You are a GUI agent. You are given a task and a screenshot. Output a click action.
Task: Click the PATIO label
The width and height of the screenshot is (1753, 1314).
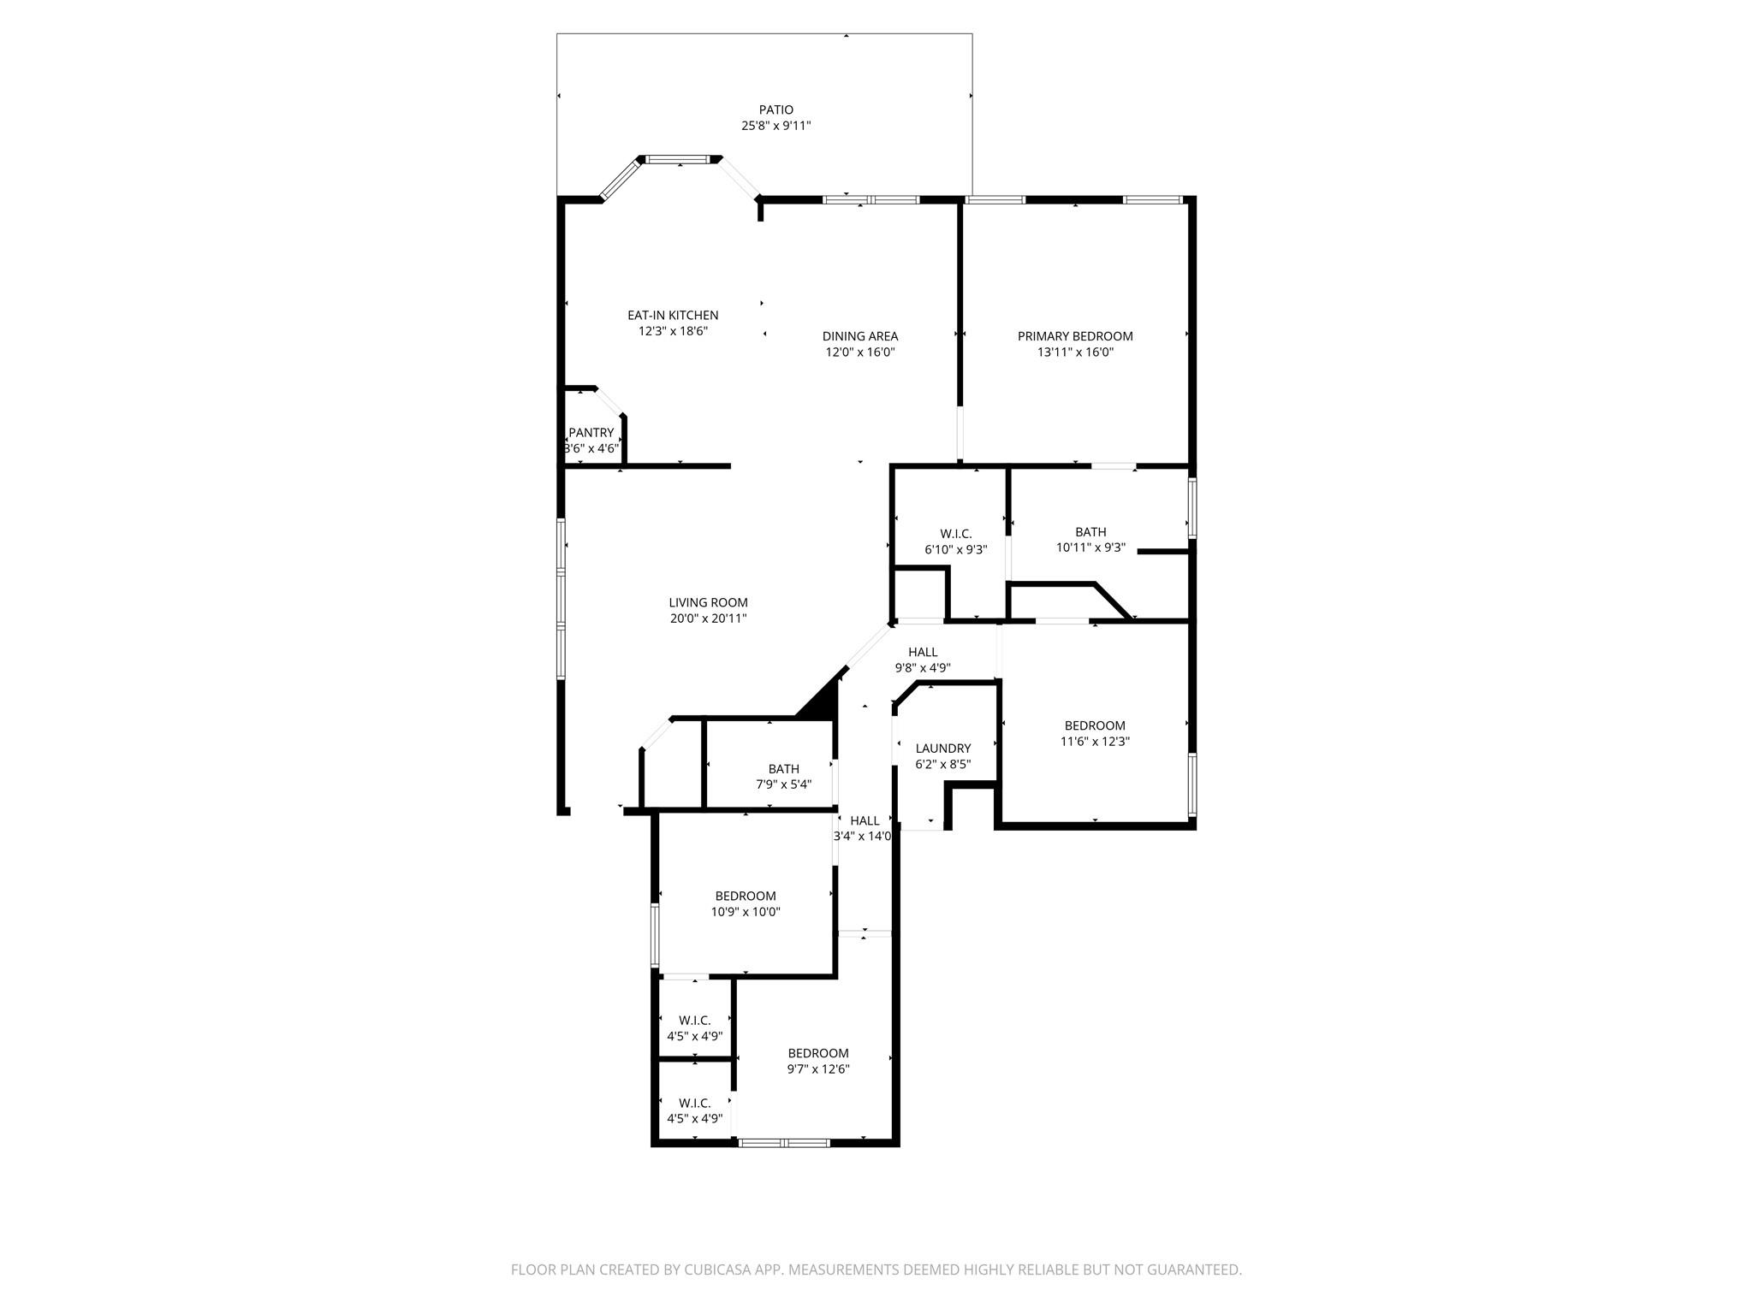pyautogui.click(x=775, y=109)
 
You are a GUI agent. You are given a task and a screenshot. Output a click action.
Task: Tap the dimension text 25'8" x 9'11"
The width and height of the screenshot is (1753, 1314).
pyautogui.click(x=775, y=126)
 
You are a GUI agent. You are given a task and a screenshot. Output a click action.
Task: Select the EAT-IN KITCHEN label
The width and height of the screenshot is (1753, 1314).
pyautogui.click(x=673, y=316)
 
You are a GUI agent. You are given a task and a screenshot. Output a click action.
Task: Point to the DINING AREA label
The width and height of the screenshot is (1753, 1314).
pyautogui.click(x=859, y=336)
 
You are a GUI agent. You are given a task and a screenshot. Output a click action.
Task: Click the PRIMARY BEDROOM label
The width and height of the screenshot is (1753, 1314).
pyautogui.click(x=1075, y=336)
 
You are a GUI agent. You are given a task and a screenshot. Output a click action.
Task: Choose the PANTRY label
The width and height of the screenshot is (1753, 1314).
pyautogui.click(x=591, y=433)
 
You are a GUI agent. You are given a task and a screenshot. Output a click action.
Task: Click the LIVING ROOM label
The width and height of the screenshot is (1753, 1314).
pyautogui.click(x=708, y=602)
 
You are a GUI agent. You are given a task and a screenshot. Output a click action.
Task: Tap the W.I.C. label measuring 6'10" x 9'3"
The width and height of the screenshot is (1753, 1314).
pyautogui.click(x=955, y=534)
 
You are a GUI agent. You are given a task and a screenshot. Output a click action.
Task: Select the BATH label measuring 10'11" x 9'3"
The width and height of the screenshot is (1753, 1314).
pyautogui.click(x=1090, y=532)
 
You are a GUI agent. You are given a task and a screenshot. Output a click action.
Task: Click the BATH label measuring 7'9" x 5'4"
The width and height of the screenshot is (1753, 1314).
pyautogui.click(x=783, y=769)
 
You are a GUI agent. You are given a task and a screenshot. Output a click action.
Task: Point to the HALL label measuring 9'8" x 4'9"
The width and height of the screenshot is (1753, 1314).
pyautogui.click(x=923, y=652)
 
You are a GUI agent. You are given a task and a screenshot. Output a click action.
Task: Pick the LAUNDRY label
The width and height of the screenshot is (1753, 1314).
pyautogui.click(x=943, y=749)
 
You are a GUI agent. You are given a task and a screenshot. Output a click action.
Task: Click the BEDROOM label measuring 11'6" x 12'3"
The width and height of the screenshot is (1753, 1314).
pyautogui.click(x=1095, y=725)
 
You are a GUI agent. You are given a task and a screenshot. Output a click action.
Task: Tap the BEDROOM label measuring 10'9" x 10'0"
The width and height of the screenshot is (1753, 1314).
pyautogui.click(x=746, y=897)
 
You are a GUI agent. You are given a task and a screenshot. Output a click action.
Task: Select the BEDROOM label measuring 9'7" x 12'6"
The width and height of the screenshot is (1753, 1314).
pyautogui.click(x=818, y=1053)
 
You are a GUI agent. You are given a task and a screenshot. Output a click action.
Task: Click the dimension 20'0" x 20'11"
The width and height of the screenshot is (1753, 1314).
pyautogui.click(x=708, y=619)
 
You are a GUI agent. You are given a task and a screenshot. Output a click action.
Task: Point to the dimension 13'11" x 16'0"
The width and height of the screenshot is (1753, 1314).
pyautogui.click(x=1075, y=352)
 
